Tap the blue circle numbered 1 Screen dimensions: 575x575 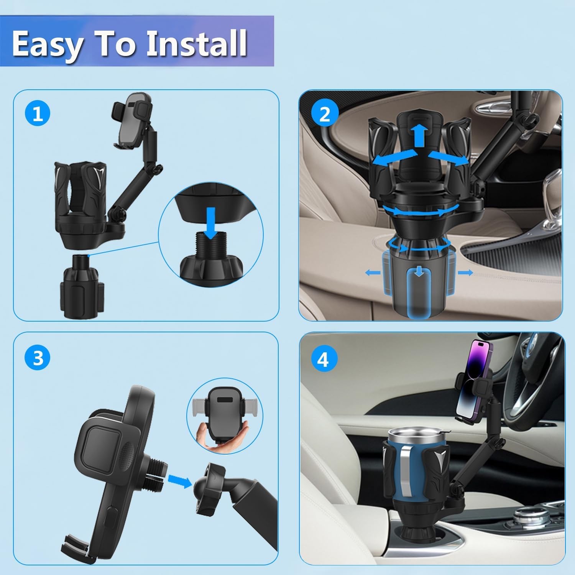click(38, 114)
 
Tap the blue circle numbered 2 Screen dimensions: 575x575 click(325, 114)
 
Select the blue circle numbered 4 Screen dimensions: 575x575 click(323, 360)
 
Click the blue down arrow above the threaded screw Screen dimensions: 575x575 click(210, 217)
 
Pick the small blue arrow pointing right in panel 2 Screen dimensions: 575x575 click(465, 272)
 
